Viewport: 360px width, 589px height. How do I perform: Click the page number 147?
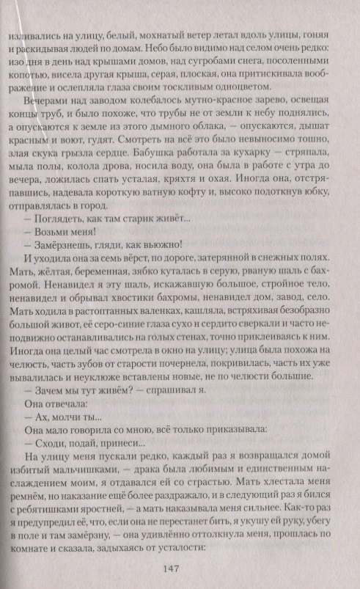tap(180, 567)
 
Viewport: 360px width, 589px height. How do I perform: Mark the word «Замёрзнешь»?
tap(66, 250)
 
